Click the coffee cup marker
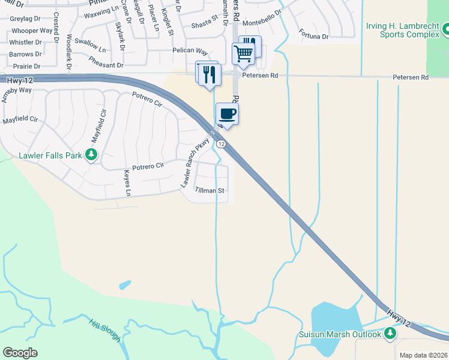coord(227,113)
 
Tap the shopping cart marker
coord(243,53)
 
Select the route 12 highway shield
coord(221,144)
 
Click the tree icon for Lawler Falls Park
coord(91,155)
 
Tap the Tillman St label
coord(209,191)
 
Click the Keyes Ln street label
coord(127,183)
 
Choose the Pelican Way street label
coord(190,52)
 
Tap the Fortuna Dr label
coord(313,37)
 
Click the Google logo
coord(20,353)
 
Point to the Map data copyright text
coord(423,355)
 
